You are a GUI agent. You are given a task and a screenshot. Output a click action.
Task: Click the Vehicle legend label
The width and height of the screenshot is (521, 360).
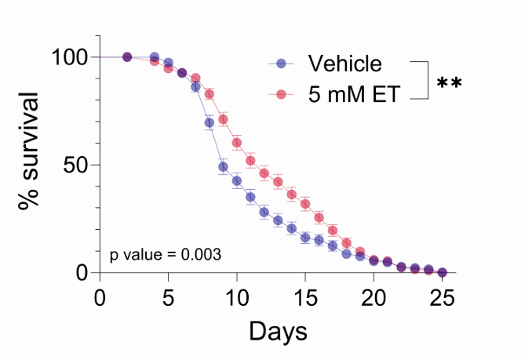pyautogui.click(x=344, y=64)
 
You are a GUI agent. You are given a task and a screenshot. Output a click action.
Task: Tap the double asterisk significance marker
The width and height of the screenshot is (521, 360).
pyautogui.click(x=449, y=82)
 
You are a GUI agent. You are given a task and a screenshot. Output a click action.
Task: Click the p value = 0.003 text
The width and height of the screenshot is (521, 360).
pyautogui.click(x=165, y=255)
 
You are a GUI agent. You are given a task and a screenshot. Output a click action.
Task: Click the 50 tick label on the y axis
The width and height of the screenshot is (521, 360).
pyautogui.click(x=76, y=165)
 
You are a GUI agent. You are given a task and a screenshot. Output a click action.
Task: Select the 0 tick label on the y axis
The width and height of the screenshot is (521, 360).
pyautogui.click(x=83, y=273)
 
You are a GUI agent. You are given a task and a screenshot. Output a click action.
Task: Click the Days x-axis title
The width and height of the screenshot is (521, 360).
pyautogui.click(x=278, y=331)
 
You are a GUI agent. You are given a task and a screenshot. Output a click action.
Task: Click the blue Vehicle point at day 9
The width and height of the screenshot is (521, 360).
pyautogui.click(x=223, y=167)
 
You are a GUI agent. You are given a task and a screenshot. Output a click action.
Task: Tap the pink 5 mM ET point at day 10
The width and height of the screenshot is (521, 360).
pyautogui.click(x=237, y=143)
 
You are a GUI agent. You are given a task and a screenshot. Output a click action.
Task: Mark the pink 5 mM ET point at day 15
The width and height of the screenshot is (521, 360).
pyautogui.click(x=305, y=204)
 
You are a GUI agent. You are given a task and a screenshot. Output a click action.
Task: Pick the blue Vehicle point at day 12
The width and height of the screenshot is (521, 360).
pyautogui.click(x=264, y=213)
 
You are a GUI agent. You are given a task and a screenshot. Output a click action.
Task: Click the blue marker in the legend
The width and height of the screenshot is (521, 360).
pyautogui.click(x=281, y=64)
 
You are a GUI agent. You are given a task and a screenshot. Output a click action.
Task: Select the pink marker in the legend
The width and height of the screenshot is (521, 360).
pyautogui.click(x=281, y=95)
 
